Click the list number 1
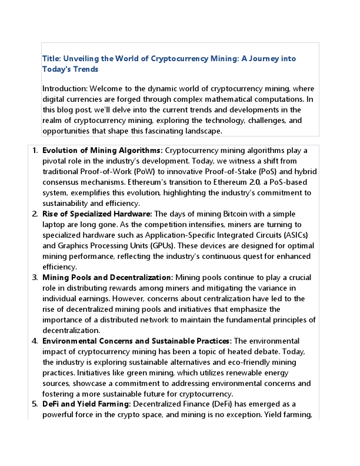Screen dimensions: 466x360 (35, 151)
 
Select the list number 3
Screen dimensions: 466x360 (35, 278)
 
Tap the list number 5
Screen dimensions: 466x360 (35, 405)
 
